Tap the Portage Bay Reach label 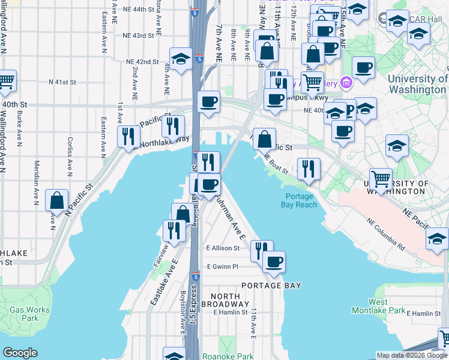[x=299, y=200]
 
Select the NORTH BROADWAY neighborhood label [x=226, y=301]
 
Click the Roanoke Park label [x=228, y=356]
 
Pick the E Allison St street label [x=223, y=248]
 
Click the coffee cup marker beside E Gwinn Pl [x=274, y=262]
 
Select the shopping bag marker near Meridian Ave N [x=56, y=200]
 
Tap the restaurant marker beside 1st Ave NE [x=128, y=136]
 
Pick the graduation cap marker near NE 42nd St [x=180, y=58]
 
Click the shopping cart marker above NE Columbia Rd [x=381, y=178]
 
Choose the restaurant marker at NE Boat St [x=309, y=167]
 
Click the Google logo [x=20, y=353]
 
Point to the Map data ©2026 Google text [x=412, y=355]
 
